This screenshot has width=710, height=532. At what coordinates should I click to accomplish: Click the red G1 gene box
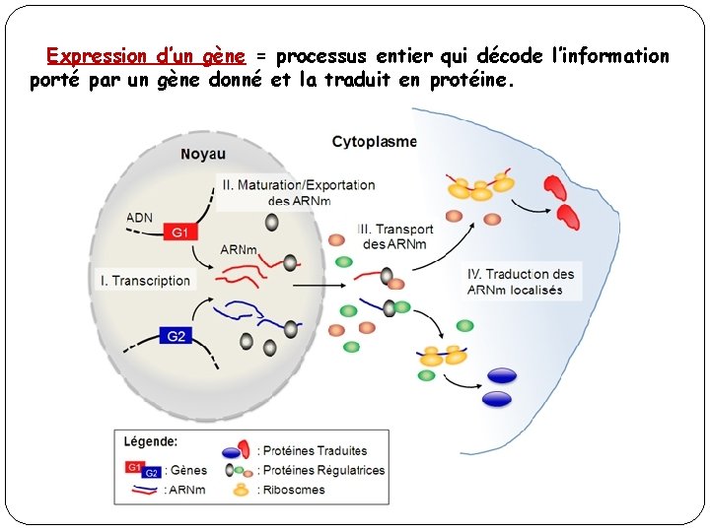coord(180,233)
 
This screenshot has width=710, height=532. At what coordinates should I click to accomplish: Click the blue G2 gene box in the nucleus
coord(177,336)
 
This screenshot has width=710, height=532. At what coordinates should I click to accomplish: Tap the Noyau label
coord(203,154)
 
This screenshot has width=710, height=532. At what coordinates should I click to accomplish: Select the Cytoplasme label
coord(375,142)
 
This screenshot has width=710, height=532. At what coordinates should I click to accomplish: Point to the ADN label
coord(140,218)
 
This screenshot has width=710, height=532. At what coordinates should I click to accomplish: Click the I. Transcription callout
coord(145,281)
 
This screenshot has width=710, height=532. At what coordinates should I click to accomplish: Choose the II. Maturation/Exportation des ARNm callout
coord(299,192)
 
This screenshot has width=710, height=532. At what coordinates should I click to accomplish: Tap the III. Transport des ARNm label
coord(396,237)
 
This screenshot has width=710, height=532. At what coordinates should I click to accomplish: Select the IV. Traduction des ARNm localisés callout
coord(522,282)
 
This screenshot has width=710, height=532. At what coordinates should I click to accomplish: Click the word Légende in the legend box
coord(151,442)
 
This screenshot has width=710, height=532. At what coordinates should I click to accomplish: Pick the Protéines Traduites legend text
coord(315,451)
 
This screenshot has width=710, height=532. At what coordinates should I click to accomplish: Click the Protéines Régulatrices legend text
coord(323,470)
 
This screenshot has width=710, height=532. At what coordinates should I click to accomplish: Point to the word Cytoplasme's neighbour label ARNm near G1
coord(240,250)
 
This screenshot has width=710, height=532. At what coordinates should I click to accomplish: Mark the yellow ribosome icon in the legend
coord(240,489)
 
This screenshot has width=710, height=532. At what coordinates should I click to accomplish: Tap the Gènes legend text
coord(186,471)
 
